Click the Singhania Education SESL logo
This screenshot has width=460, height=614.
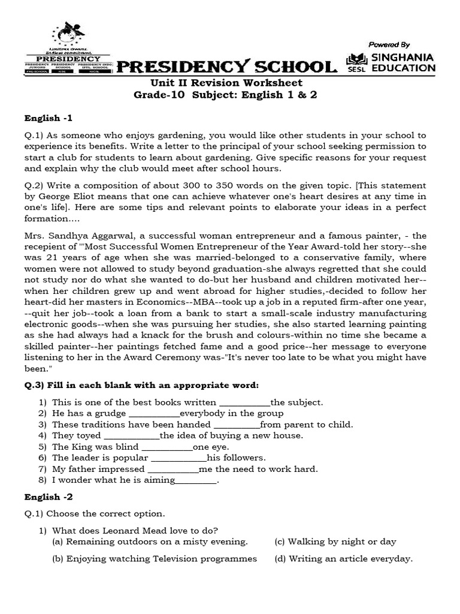391,62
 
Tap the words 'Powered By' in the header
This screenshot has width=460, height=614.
389,44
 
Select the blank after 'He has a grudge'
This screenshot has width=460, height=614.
154,414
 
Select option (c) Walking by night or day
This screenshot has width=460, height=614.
335,541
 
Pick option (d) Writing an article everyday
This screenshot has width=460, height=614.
344,559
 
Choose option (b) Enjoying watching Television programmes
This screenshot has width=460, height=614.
155,559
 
